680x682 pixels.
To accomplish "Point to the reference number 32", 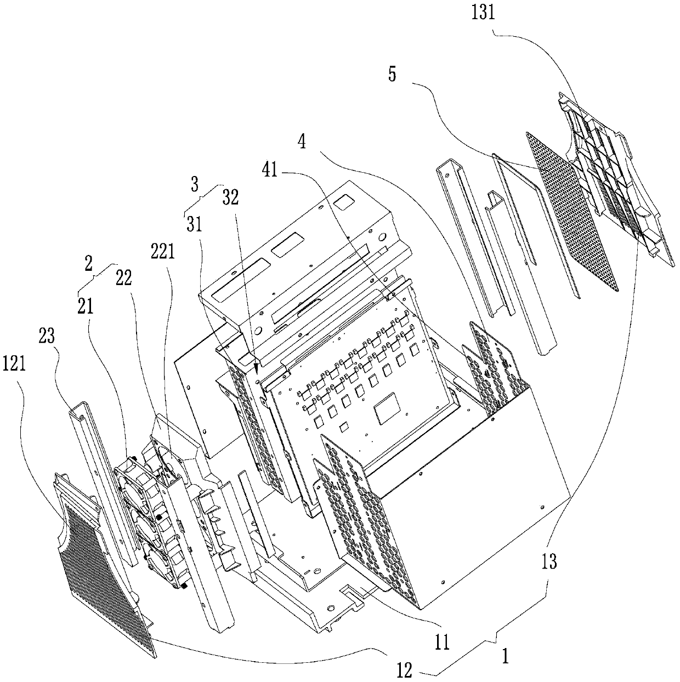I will (x=231, y=198).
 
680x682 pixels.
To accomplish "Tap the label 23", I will (x=48, y=335).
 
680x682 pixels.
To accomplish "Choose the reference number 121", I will (x=14, y=363).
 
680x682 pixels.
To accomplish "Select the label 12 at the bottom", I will (x=404, y=671).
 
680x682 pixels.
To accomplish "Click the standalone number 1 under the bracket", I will (x=506, y=656).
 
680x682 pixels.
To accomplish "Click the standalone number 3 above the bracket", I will (x=194, y=184).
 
